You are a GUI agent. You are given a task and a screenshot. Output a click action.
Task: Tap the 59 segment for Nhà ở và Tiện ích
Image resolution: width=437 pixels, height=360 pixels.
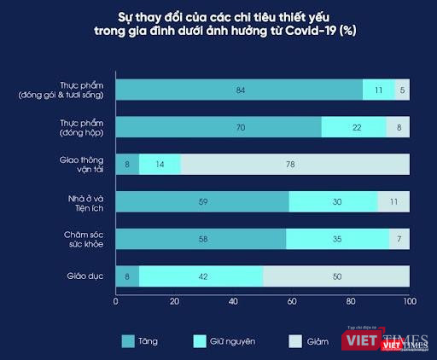tap(202, 201)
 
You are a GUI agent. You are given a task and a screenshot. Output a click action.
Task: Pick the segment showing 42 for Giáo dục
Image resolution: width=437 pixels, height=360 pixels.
tap(201, 276)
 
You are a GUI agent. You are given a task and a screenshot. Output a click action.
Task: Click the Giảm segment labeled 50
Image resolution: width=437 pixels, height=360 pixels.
tap(336, 276)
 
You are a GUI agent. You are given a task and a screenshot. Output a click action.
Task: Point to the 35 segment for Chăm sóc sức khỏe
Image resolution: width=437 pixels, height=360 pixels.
tap(337, 239)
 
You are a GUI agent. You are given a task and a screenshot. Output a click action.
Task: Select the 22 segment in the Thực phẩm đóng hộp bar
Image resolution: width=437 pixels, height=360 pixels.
tap(353, 127)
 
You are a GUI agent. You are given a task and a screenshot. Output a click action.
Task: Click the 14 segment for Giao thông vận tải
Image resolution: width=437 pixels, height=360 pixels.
tap(160, 165)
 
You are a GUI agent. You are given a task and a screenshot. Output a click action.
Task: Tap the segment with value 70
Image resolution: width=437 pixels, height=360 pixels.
tap(218, 127)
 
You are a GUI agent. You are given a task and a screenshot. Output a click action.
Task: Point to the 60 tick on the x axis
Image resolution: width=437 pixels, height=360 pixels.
tap(292, 301)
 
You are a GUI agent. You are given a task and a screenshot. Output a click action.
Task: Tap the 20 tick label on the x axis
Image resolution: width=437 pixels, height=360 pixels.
tap(174, 301)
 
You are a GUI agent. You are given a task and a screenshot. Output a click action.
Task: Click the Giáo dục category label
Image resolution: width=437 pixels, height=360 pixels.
tap(85, 276)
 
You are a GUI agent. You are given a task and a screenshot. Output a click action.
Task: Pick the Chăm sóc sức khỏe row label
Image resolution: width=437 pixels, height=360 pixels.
tap(85, 239)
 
